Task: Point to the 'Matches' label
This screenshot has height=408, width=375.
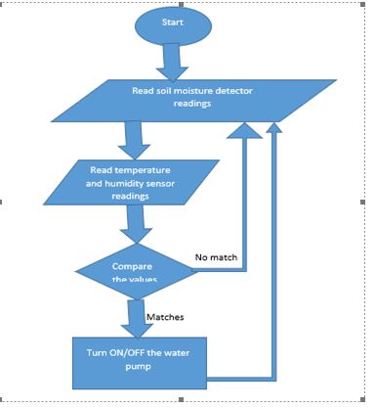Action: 165,317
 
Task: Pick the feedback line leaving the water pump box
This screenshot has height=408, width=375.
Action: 244,376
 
